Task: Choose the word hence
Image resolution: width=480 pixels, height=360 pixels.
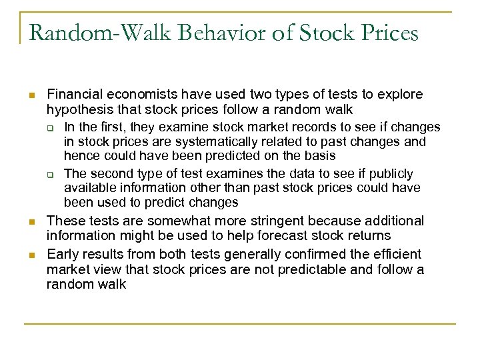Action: tap(79, 155)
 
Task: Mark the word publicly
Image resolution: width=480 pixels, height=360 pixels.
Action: tap(388, 173)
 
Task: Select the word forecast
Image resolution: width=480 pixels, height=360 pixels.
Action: tap(284, 235)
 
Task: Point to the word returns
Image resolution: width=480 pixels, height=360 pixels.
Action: tap(371, 235)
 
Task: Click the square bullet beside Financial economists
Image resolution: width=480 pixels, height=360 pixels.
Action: tap(30, 95)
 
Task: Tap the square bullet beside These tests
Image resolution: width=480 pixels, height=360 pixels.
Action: tap(30, 221)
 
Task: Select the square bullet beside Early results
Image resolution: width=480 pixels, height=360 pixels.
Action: tap(30, 255)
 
